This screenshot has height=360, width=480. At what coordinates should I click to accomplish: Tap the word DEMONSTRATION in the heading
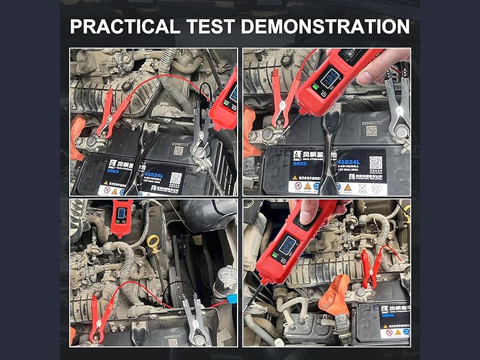click(x=325, y=27)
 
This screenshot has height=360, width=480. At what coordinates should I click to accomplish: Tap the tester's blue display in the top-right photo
click(x=331, y=79)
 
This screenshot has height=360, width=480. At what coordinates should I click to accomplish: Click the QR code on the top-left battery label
click(x=176, y=178)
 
